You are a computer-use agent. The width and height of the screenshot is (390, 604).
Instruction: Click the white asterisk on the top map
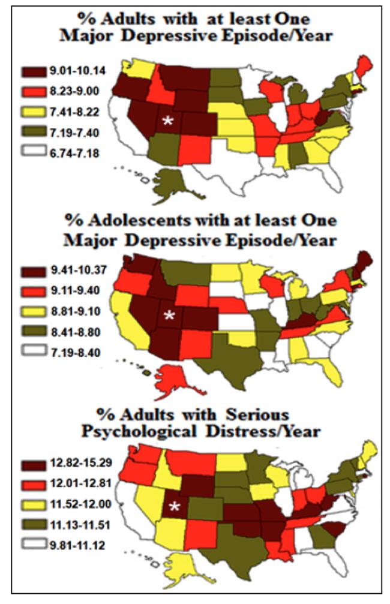[x=169, y=121]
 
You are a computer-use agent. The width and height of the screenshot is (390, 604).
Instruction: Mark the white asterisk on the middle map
[x=169, y=315]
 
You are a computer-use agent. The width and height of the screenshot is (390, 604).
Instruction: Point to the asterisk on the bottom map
[x=175, y=507]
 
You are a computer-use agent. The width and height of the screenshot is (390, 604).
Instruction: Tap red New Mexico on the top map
[x=194, y=149]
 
